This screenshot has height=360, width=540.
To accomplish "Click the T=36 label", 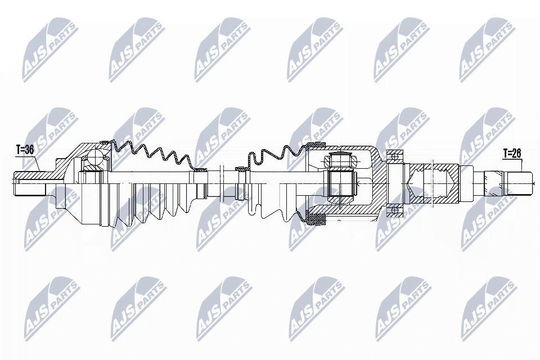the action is [x=25, y=150].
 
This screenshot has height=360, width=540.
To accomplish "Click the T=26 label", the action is [x=512, y=154].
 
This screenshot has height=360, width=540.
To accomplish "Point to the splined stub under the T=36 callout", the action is [x=30, y=183].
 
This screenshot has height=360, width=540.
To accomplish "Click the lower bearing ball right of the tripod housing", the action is [x=395, y=210].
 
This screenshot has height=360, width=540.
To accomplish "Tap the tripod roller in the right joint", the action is [x=341, y=160].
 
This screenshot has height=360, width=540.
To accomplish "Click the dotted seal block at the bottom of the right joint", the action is [x=316, y=218].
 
